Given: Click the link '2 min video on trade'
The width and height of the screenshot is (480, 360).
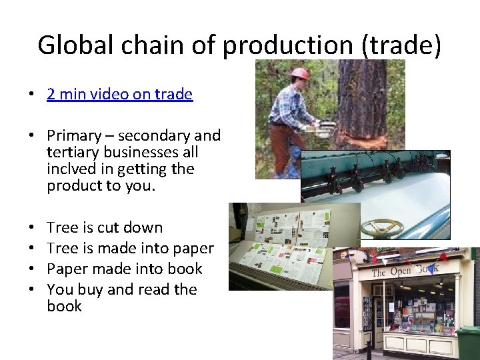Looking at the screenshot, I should tap(119, 94).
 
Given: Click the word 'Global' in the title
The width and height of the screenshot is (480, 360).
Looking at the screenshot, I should tap(69, 45).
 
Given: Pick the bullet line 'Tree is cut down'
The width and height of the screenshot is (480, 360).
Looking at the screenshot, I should tap(105, 227).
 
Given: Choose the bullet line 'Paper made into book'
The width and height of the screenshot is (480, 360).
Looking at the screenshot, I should tap(125, 269).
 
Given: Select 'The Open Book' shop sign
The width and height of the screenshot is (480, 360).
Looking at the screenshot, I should tap(405, 270).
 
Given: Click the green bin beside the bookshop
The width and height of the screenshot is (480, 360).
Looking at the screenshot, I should tap(469, 343).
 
